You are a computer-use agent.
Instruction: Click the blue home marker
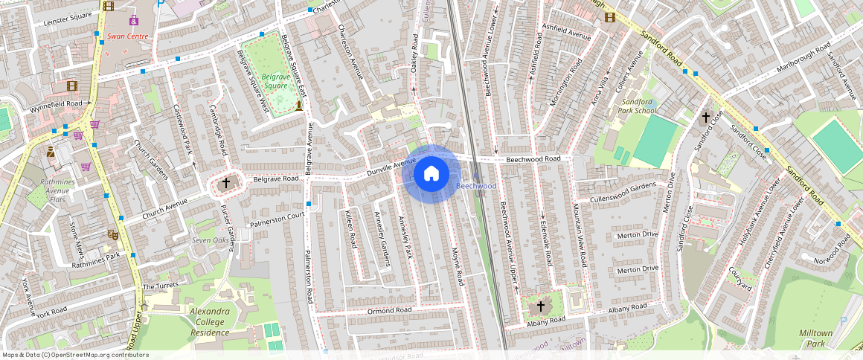coord(431,174)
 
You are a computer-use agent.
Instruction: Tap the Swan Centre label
coord(127,36)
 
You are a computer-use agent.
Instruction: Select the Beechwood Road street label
coord(533,159)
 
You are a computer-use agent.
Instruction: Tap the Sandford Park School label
coord(638,106)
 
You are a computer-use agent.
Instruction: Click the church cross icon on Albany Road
coord(541,306)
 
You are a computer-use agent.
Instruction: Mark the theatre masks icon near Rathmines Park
coord(113,234)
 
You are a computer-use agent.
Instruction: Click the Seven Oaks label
coord(211,240)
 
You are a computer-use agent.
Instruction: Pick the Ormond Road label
coord(389,310)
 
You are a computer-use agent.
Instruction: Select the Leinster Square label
coord(67,22)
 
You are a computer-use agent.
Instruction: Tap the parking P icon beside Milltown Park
coord(843,321)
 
